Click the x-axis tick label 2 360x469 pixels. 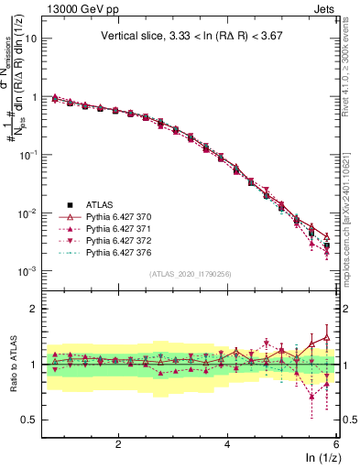[118, 443]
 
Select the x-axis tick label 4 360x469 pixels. [227, 443]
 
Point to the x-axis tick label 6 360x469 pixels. [336, 443]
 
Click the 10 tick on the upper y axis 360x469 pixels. [32, 38]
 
